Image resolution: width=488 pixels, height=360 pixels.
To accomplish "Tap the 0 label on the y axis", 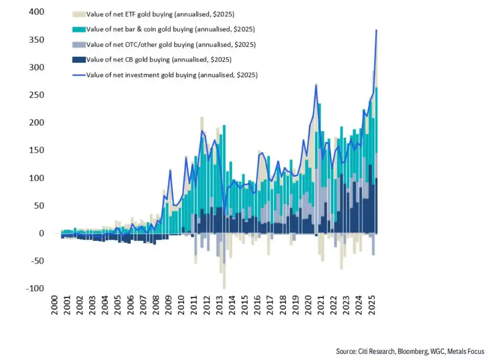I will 41,233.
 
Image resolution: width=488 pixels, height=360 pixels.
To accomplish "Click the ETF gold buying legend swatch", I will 80,14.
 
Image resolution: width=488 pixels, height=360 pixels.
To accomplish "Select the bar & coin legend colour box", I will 80,29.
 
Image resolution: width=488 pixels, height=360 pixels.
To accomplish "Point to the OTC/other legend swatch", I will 80,44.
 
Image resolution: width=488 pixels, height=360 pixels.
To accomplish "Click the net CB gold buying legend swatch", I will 80,60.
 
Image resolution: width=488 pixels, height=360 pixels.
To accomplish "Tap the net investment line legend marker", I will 80,75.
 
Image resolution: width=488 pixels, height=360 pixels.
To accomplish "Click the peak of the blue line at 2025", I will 376,30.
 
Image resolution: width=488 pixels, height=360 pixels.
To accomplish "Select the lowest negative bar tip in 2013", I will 224,288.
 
